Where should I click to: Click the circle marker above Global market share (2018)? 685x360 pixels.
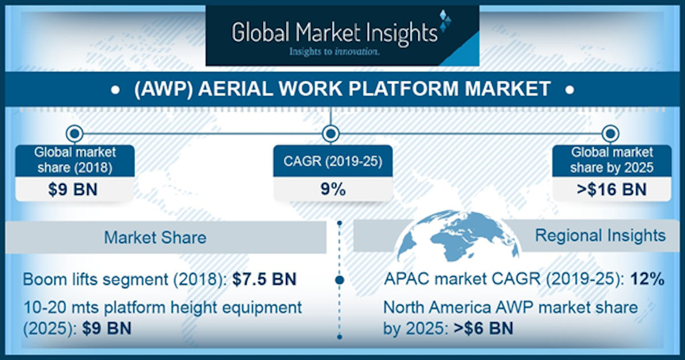pyautogui.click(x=74, y=134)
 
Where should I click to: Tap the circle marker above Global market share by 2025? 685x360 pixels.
pyautogui.click(x=610, y=134)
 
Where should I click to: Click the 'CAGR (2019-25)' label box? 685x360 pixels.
pyautogui.click(x=333, y=161)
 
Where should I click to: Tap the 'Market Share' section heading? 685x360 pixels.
pyautogui.click(x=155, y=237)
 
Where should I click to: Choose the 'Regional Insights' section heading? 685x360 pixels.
pyautogui.click(x=600, y=235)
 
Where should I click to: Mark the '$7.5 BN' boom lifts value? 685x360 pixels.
pyautogui.click(x=267, y=280)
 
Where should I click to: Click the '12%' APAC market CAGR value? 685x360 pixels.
pyautogui.click(x=647, y=280)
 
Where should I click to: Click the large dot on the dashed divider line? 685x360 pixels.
pyautogui.click(x=340, y=280)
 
